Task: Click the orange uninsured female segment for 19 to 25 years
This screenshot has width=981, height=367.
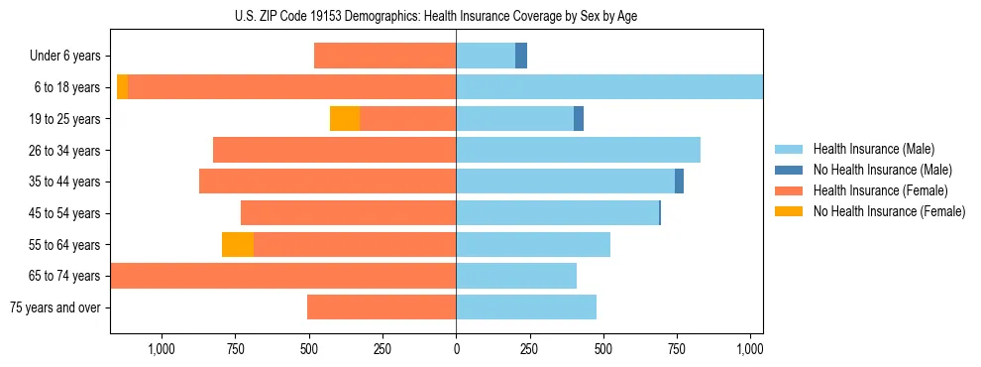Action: click(345, 119)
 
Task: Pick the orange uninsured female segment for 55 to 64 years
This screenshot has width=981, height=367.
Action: click(238, 244)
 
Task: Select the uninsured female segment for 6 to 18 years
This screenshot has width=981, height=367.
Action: click(122, 87)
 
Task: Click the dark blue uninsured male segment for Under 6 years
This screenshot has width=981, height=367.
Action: click(521, 57)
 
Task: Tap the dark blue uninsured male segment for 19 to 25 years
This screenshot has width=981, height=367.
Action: click(579, 119)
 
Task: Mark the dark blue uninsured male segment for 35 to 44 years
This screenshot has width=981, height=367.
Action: click(679, 182)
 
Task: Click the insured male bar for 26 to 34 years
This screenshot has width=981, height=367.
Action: click(578, 150)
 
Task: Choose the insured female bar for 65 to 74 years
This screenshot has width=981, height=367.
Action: click(283, 276)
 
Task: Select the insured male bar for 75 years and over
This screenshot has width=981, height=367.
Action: click(526, 307)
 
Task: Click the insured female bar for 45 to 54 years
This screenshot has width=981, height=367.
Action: click(348, 213)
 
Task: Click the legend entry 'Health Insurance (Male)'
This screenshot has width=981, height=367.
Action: click(873, 149)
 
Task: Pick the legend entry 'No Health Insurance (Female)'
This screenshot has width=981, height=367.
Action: click(889, 211)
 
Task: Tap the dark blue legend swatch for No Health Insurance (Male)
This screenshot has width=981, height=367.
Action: click(790, 170)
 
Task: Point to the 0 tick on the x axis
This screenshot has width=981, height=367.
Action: click(456, 349)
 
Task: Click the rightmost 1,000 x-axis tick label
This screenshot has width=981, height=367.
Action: click(750, 349)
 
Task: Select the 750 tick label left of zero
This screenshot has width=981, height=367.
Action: click(235, 349)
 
